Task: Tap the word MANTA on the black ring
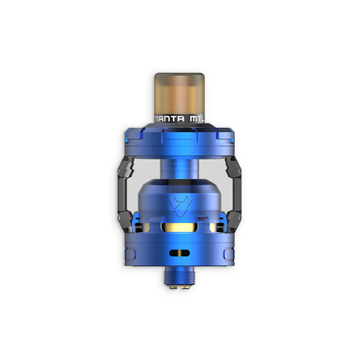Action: click(x=169, y=119)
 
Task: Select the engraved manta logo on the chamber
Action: click(x=180, y=204)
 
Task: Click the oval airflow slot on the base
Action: click(x=179, y=253)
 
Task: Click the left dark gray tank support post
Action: click(x=125, y=188)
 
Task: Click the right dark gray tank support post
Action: click(x=234, y=188)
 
